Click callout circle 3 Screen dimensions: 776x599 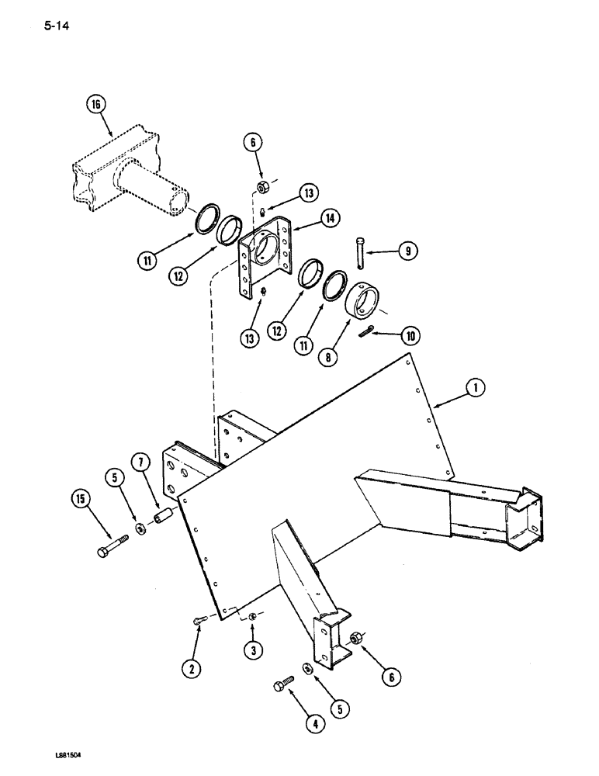coord(254,650)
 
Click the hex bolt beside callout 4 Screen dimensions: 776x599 coord(281,685)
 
